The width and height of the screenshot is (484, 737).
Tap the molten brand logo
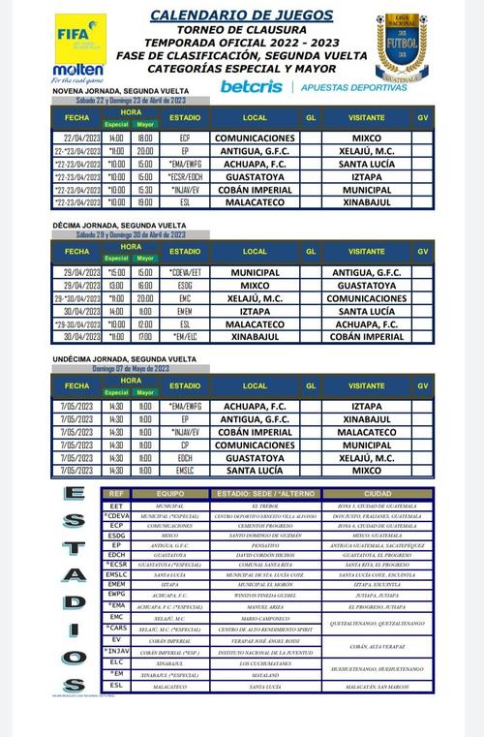pos(78,70)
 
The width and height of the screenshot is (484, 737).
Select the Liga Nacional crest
pos(402,46)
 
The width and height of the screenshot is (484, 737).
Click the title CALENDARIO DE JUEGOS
pos(241,15)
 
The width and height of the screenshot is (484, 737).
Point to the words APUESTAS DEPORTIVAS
pos(353,87)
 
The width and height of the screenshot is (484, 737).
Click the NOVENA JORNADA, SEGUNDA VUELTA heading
pos(117,91)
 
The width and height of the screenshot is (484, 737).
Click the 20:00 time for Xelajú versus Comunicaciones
pos(145,299)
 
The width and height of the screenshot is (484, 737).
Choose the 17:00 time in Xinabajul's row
pos(145,337)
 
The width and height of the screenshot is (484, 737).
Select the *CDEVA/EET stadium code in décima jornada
pos(185,274)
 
